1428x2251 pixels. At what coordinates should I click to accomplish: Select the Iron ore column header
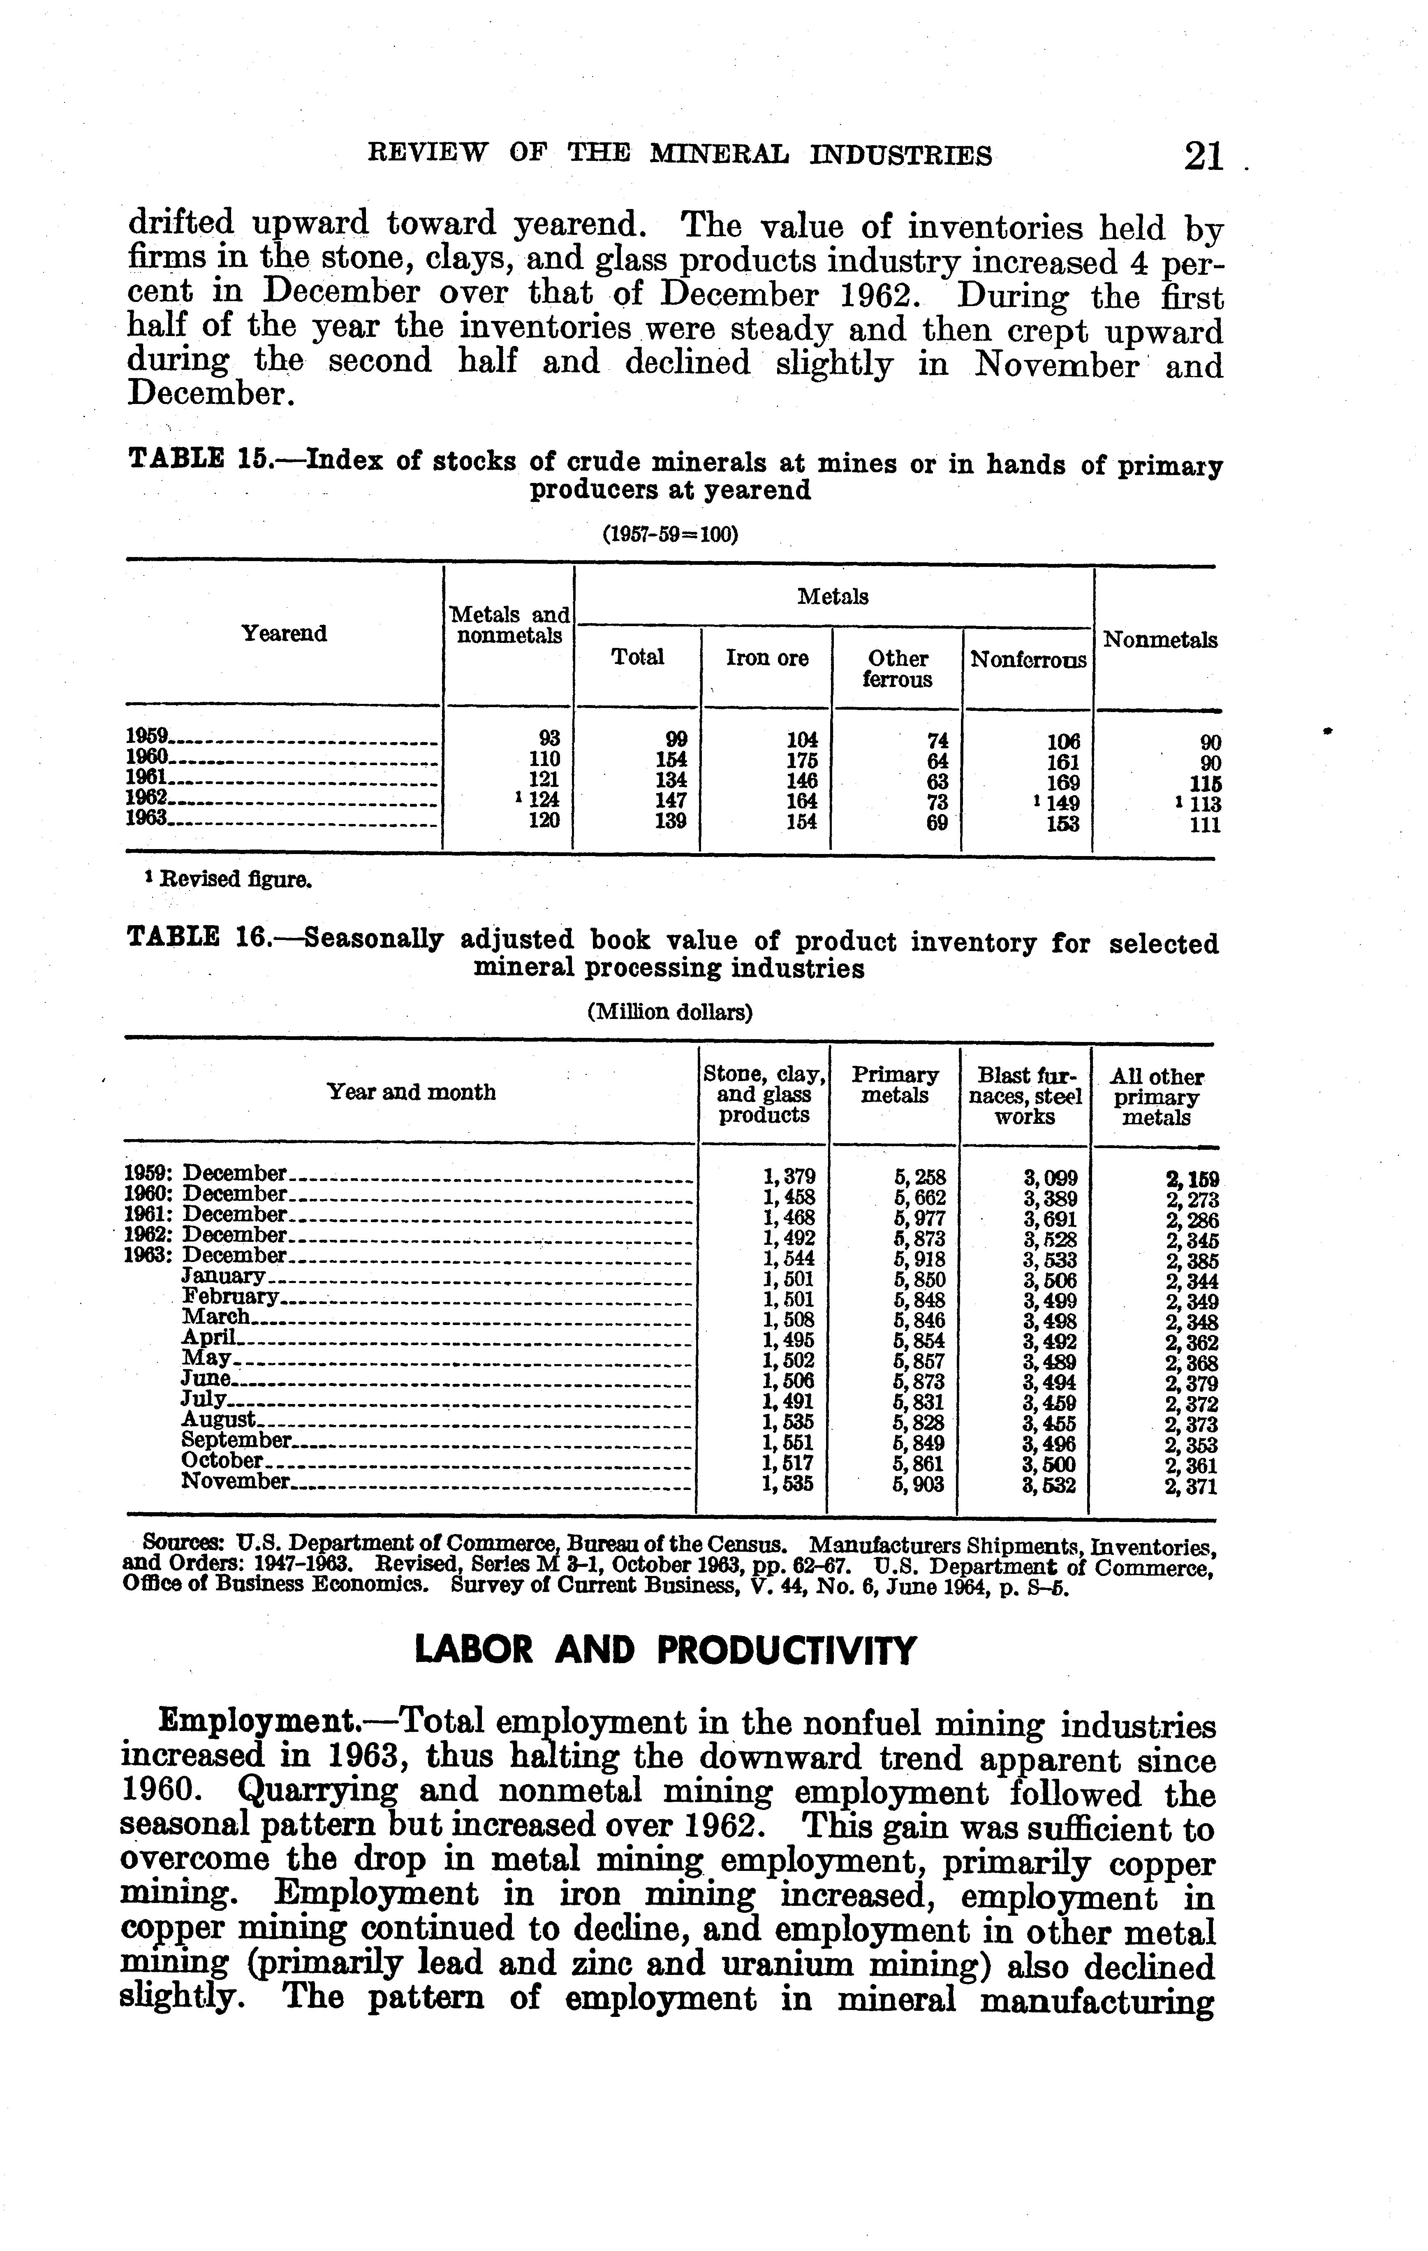[x=766, y=658]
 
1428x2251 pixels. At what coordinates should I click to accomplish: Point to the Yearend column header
[x=284, y=634]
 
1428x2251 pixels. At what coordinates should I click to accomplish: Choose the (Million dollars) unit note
[x=669, y=1012]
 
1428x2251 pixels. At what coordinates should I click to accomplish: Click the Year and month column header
[x=411, y=1092]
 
